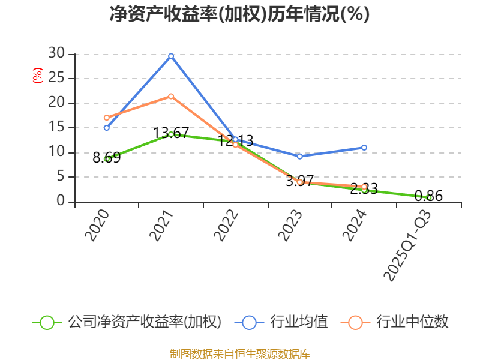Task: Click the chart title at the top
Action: pyautogui.click(x=239, y=14)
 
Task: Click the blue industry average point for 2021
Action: pyautogui.click(x=171, y=56)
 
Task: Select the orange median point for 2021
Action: pyautogui.click(x=171, y=96)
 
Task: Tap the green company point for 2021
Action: pyautogui.click(x=171, y=134)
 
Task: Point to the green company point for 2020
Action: pyautogui.click(x=107, y=159)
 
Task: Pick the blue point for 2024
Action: pyautogui.click(x=364, y=148)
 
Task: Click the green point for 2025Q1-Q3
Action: pyautogui.click(x=429, y=197)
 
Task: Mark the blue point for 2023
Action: pyautogui.click(x=300, y=156)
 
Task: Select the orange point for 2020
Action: pyautogui.click(x=107, y=118)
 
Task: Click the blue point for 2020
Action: pyautogui.click(x=107, y=128)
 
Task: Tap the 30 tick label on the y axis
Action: pyautogui.click(x=56, y=53)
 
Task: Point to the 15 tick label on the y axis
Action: pyautogui.click(x=56, y=127)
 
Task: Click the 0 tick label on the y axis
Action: pyautogui.click(x=61, y=201)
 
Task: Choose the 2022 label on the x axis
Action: pyautogui.click(x=227, y=226)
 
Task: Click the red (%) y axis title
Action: pyautogui.click(x=37, y=76)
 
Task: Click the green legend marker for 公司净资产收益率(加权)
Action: pyautogui.click(x=47, y=322)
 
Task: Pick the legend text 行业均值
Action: pyautogui.click(x=299, y=322)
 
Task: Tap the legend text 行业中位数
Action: pyautogui.click(x=412, y=322)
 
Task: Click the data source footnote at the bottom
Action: pyautogui.click(x=239, y=353)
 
